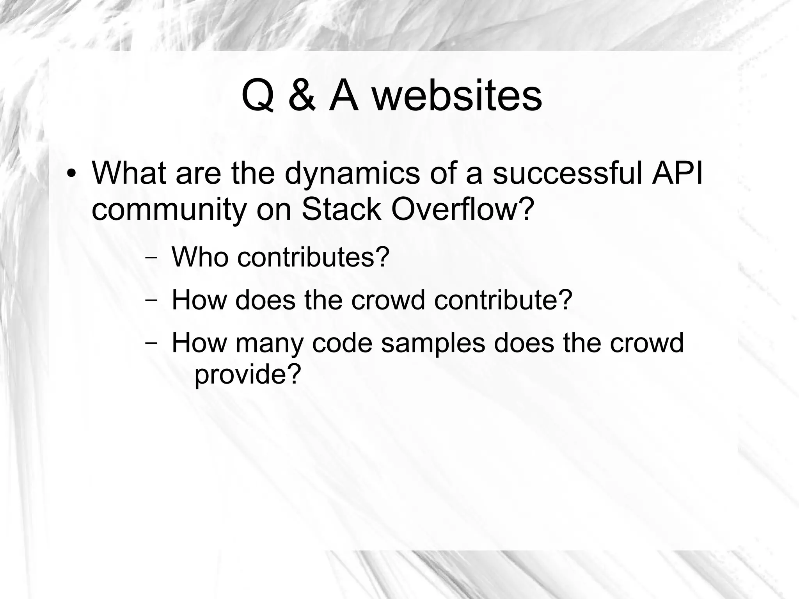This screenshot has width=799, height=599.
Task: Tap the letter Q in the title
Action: [x=257, y=96]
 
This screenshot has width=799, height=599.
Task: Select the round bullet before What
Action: [x=71, y=173]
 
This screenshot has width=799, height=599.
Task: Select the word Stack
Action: [x=341, y=209]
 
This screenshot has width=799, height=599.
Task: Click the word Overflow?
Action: [x=462, y=209]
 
